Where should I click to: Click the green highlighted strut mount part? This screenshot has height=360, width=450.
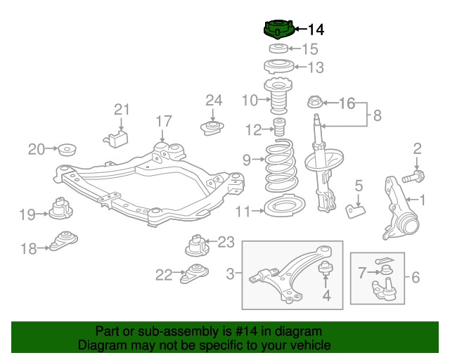277,30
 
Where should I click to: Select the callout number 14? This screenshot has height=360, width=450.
316,30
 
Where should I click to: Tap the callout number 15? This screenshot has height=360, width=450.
310,49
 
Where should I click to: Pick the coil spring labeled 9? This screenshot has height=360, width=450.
281,168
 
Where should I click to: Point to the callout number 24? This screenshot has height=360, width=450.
213,100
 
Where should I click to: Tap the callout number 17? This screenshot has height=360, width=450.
163,121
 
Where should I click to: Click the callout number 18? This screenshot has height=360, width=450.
28,248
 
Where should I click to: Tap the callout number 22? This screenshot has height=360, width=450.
163,275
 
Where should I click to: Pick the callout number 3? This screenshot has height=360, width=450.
231,272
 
